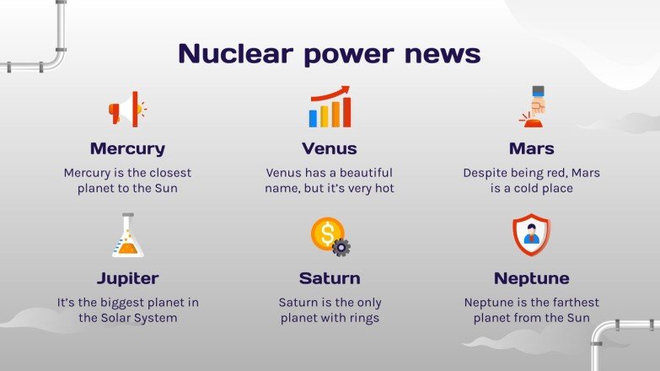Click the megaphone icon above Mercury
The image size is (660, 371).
(x=126, y=109)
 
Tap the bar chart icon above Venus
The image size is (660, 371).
(x=330, y=107)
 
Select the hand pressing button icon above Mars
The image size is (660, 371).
(x=532, y=107)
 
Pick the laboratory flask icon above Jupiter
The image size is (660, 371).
(x=127, y=236)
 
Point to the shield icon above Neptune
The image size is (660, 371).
(x=531, y=235)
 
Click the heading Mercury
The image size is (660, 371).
(x=127, y=149)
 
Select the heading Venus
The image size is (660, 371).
(x=330, y=149)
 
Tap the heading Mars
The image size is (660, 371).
(x=532, y=149)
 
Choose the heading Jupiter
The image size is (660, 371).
(x=127, y=278)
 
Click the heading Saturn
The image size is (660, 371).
(x=330, y=278)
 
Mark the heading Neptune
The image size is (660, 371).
(x=532, y=278)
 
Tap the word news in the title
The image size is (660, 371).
(x=443, y=54)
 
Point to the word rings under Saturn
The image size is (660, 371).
(x=363, y=318)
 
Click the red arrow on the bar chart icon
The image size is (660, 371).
(x=335, y=92)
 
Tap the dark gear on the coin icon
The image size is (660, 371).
(x=341, y=247)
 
